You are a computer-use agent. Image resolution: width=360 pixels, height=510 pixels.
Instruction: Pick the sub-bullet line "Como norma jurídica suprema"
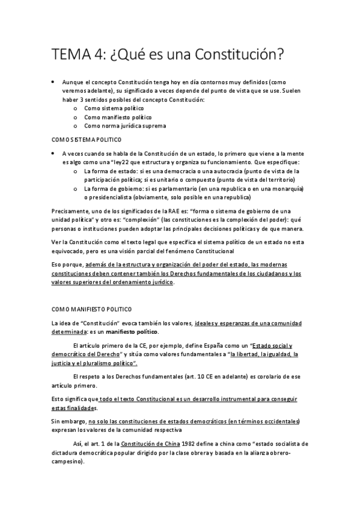pyautogui.click(x=124, y=126)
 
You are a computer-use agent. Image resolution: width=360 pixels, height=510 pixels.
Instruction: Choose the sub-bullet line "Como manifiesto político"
pyautogui.click(x=118, y=117)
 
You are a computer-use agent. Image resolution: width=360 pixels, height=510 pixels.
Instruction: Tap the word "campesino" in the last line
pyautogui.click(x=67, y=462)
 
